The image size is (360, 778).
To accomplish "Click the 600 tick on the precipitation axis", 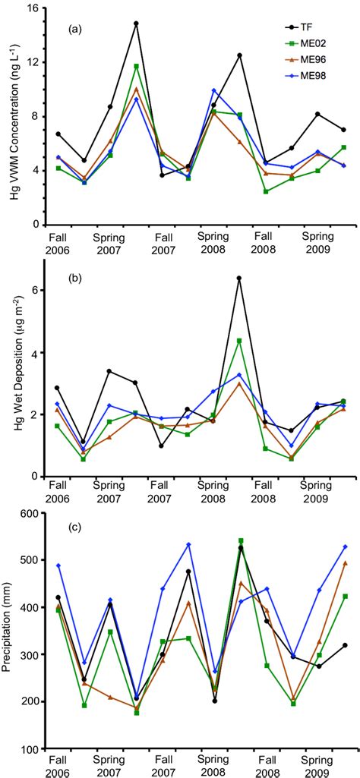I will [30, 513].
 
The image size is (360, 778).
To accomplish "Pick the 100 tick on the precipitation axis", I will [30, 748].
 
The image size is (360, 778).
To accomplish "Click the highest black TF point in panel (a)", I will [136, 24].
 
